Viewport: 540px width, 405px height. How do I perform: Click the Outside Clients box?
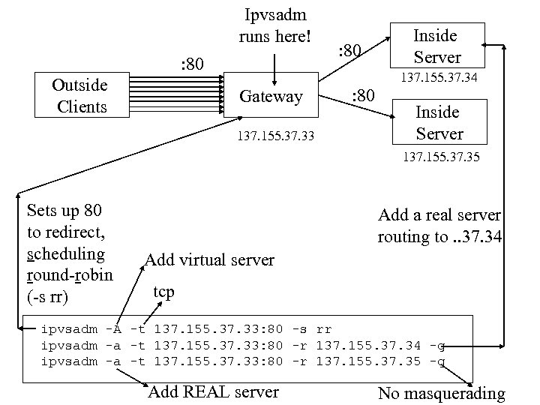click(81, 96)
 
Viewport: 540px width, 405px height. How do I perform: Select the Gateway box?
click(271, 95)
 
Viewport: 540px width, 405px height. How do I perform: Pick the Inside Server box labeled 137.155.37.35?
click(439, 123)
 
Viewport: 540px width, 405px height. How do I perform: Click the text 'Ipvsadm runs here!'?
click(274, 25)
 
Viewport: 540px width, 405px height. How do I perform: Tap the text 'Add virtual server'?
click(209, 260)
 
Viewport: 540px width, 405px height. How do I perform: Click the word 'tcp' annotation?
click(163, 290)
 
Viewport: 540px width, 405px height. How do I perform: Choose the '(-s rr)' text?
click(47, 298)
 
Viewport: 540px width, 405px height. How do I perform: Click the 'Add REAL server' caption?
click(214, 391)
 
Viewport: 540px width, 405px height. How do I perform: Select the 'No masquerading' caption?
click(441, 393)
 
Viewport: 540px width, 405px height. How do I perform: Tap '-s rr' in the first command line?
click(310, 328)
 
